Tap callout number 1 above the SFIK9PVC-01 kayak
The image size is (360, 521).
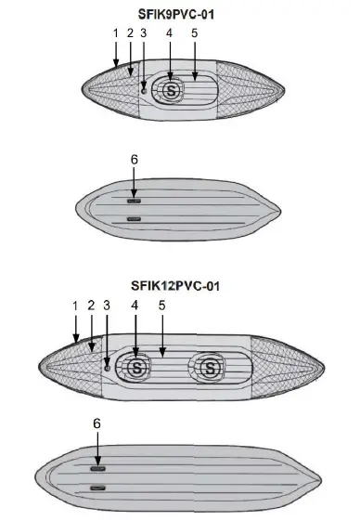[115, 33]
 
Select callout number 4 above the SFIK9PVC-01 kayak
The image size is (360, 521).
[169, 33]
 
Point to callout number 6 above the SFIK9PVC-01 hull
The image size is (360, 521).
[134, 160]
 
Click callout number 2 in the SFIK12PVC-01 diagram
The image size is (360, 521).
[91, 305]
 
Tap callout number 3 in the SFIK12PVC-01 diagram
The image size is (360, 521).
[107, 305]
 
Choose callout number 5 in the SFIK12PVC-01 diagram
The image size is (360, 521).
[161, 305]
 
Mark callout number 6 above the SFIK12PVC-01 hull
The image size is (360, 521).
[96, 423]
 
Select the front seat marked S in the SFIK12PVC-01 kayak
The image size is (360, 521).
[139, 368]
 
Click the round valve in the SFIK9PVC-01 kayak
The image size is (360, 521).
[143, 90]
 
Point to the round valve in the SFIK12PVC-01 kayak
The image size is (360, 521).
[108, 367]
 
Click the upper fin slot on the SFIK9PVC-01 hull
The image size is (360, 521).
[135, 200]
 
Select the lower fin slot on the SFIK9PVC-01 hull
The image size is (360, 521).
[135, 219]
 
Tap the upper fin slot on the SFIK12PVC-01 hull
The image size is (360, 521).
[96, 469]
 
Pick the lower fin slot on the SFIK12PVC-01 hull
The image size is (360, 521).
[96, 487]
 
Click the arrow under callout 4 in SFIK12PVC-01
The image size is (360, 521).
[135, 334]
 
